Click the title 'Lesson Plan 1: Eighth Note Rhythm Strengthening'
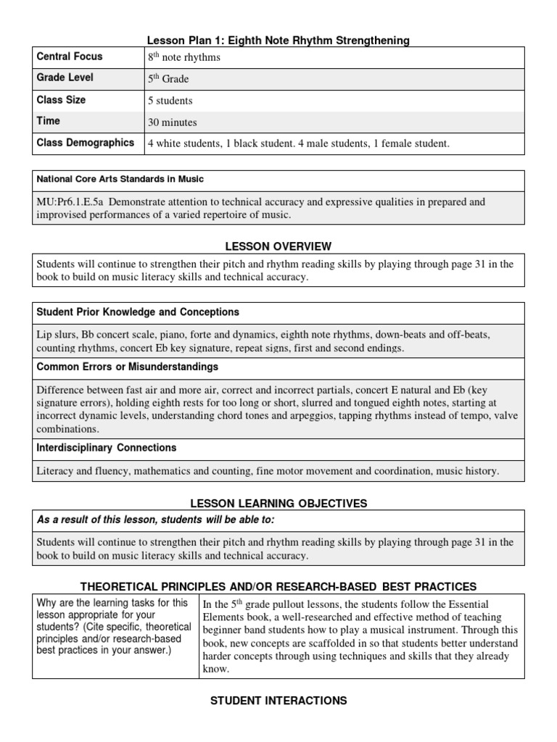[278, 41]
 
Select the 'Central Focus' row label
[70, 57]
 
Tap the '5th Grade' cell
[168, 79]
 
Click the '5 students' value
[170, 101]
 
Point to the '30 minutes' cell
[173, 122]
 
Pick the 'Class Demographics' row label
[86, 143]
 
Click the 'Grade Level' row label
[65, 78]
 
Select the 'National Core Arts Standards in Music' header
[120, 179]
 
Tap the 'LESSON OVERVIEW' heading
[278, 247]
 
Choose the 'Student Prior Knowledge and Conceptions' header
[138, 312]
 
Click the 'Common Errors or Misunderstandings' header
[128, 367]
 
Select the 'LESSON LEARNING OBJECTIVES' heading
[278, 503]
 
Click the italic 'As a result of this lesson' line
[156, 520]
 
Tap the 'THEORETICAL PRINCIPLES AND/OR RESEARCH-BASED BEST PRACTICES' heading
[278, 585]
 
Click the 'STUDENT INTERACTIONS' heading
[278, 701]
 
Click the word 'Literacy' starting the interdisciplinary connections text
[56, 471]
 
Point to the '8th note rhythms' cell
[184, 57]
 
